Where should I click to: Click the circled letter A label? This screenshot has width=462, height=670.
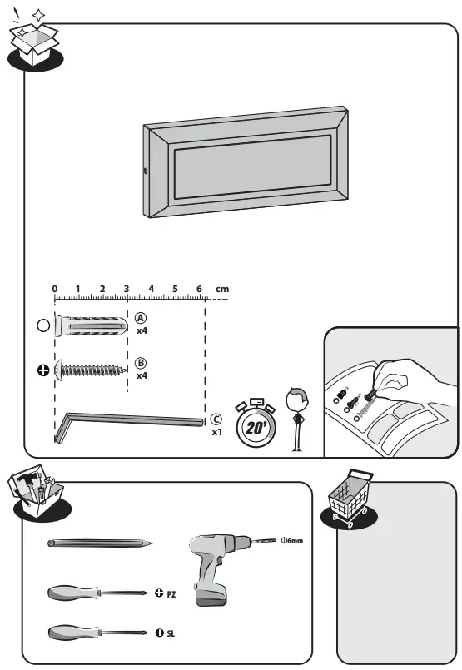tap(141, 318)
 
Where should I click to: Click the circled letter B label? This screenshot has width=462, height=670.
tap(141, 363)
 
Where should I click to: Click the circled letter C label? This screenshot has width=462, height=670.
tap(216, 420)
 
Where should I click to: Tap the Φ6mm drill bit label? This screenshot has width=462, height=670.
tap(291, 541)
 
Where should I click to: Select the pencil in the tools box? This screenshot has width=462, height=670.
tap(100, 543)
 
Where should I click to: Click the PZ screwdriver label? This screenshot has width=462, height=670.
tap(166, 594)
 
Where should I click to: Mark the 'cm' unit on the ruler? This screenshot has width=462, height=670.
tap(221, 290)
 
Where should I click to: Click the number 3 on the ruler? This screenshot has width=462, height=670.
tap(127, 290)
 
